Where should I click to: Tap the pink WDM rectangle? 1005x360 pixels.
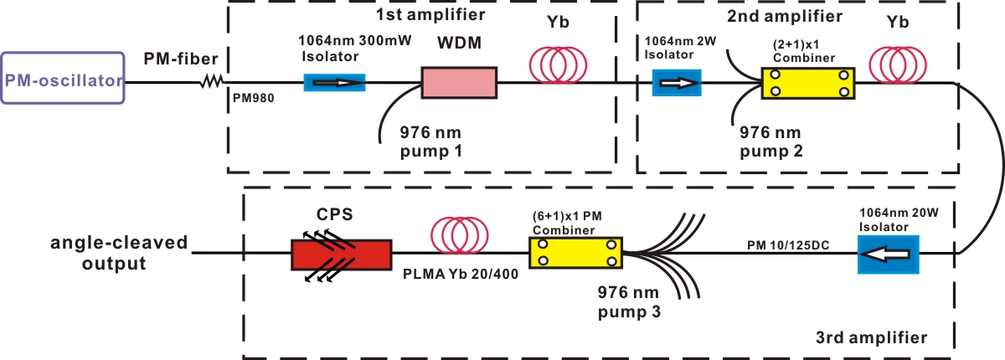pyautogui.click(x=459, y=83)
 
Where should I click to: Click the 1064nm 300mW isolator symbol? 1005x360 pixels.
pyautogui.click(x=334, y=82)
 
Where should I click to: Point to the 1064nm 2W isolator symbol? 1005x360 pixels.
pyautogui.click(x=677, y=83)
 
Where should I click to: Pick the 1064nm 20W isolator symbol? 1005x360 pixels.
pyautogui.click(x=888, y=254)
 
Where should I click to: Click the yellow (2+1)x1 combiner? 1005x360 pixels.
pyautogui.click(x=808, y=83)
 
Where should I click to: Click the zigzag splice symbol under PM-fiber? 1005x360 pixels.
pyautogui.click(x=210, y=82)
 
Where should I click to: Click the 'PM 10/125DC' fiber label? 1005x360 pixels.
pyautogui.click(x=783, y=243)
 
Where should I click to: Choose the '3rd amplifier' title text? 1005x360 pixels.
pyautogui.click(x=871, y=338)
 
